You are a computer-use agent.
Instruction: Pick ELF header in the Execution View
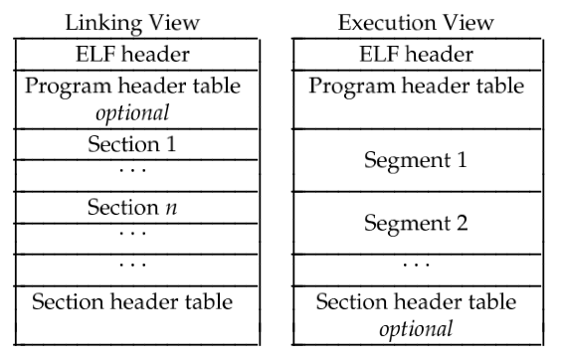416,54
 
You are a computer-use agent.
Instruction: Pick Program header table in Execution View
416,86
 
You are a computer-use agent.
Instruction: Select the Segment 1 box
416,158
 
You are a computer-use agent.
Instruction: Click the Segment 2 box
416,225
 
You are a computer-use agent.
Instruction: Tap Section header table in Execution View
416,302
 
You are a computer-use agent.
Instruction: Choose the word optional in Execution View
416,327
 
